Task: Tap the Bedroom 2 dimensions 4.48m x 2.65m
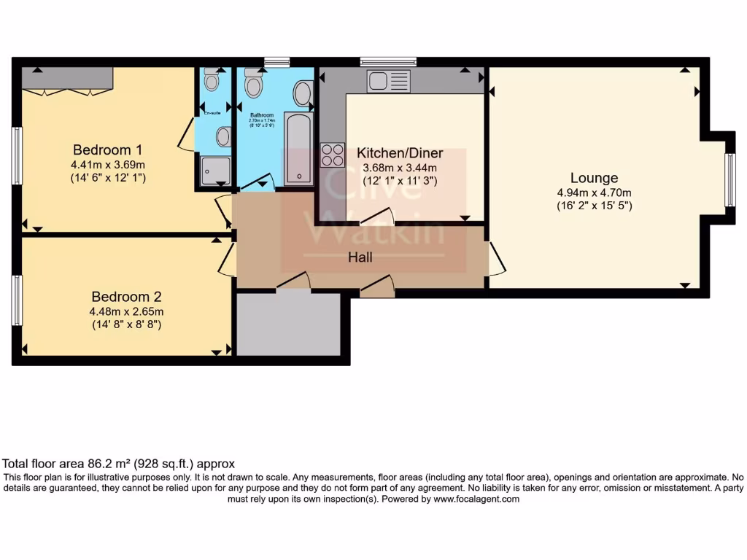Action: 125,311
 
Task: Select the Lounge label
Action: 594,178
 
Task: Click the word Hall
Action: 360,257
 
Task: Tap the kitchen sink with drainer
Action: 389,81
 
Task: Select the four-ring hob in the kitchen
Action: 332,155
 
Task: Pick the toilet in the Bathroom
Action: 253,83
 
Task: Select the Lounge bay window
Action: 729,180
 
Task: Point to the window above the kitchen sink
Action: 388,61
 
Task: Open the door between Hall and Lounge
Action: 496,258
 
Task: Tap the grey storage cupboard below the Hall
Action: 289,324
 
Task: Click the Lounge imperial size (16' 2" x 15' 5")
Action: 594,206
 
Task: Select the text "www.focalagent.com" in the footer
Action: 476,499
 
